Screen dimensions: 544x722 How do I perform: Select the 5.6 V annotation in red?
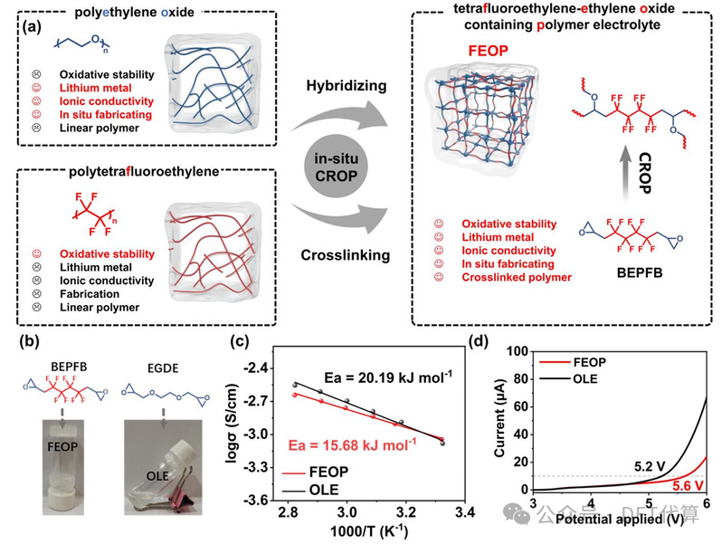(x=681, y=485)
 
